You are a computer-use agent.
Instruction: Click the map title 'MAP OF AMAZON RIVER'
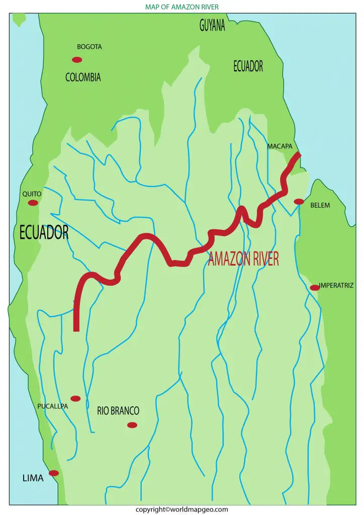coord(182,7)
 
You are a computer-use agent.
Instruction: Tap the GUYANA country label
coord(212,27)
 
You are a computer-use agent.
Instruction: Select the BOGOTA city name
coord(89,47)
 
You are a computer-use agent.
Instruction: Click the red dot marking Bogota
coord(77,60)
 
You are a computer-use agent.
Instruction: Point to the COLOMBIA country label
coord(83,77)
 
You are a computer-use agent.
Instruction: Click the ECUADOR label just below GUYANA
coord(248,66)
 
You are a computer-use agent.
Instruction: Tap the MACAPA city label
coord(280,146)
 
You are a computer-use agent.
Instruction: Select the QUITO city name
coord(32,194)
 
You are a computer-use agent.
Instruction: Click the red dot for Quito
coord(33,203)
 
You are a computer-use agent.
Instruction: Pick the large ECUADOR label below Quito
coord(44,232)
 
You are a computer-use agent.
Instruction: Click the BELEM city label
coord(320,205)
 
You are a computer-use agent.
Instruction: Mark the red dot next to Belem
coord(299,202)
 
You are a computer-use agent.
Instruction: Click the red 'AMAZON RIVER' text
coord(243,259)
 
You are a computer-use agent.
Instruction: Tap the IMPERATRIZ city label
coord(336,285)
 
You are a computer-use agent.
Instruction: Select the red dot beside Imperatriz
coord(315,288)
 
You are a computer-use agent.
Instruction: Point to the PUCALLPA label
coord(53,406)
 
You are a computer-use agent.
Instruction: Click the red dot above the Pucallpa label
coord(75,398)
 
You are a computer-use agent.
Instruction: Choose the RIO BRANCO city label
coord(118,411)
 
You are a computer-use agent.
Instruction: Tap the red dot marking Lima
coord(54,473)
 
